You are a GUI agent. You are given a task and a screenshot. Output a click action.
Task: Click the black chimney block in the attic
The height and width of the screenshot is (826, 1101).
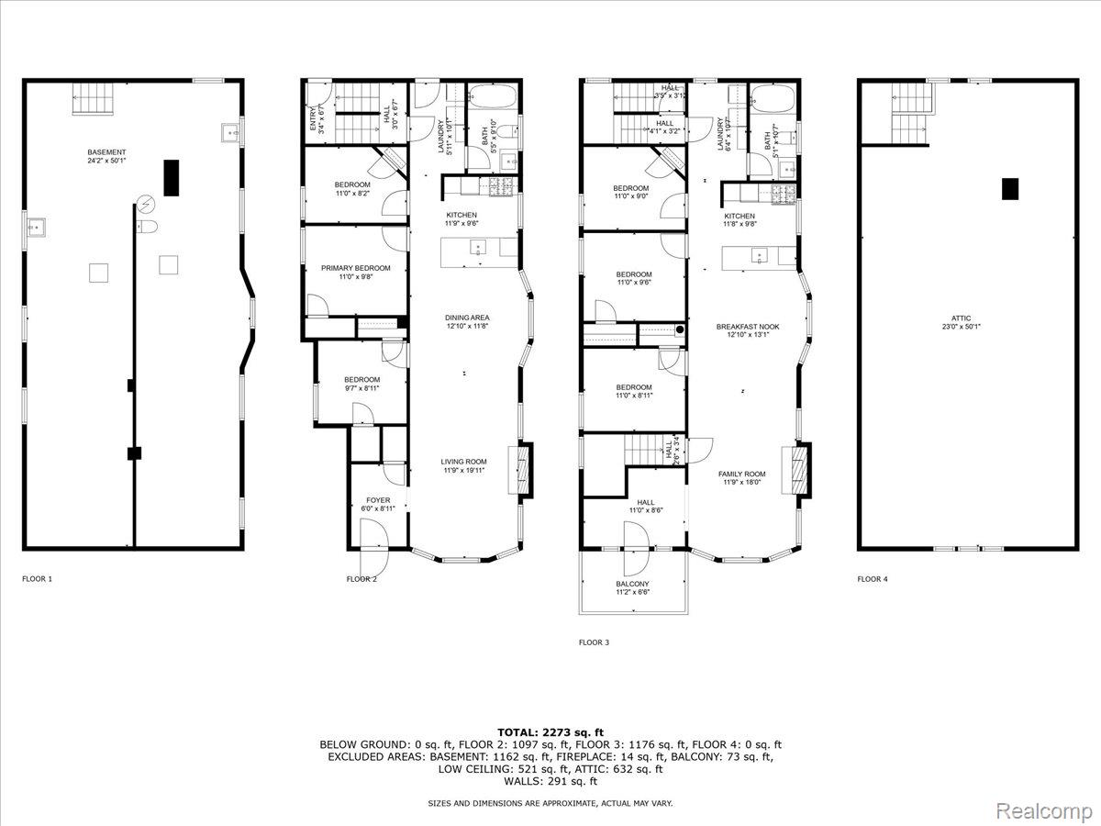pyautogui.click(x=1009, y=188)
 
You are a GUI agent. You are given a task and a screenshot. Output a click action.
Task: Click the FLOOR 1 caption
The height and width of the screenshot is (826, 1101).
pyautogui.click(x=38, y=579)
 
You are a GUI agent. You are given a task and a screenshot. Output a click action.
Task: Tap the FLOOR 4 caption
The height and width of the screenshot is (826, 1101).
pyautogui.click(x=873, y=579)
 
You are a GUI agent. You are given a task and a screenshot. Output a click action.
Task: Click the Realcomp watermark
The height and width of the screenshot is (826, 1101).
pyautogui.click(x=1044, y=810)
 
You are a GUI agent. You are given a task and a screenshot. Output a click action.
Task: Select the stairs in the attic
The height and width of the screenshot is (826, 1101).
pyautogui.click(x=910, y=114)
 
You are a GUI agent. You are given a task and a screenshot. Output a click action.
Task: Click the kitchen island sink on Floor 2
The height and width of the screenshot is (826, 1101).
pyautogui.click(x=478, y=248)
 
